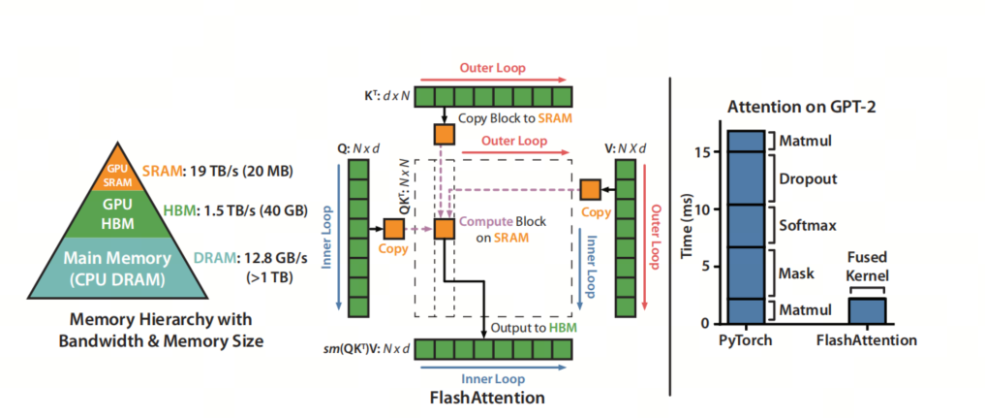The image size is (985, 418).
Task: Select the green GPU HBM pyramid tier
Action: click(x=118, y=213)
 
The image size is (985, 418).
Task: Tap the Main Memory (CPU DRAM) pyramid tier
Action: click(x=118, y=267)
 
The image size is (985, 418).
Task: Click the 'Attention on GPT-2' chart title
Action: click(x=801, y=107)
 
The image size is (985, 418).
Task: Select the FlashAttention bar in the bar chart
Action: click(x=867, y=311)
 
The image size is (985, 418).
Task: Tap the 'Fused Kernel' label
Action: click(x=866, y=267)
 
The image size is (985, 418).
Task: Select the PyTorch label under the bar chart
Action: click(x=746, y=340)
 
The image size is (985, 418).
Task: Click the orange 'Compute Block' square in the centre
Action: click(x=445, y=229)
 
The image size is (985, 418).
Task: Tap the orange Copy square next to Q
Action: click(x=394, y=229)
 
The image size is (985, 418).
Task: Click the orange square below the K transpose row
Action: click(x=445, y=134)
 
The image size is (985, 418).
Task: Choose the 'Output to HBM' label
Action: click(x=534, y=328)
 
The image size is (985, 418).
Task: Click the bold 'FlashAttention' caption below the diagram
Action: click(x=487, y=398)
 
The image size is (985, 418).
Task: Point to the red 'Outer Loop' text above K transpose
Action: click(x=492, y=67)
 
